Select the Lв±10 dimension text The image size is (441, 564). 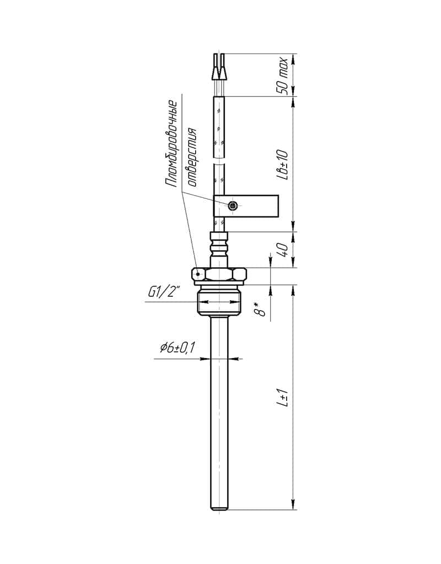[283, 165]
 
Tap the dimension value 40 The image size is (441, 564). [283, 250]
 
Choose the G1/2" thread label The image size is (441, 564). [164, 292]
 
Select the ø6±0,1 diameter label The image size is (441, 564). [177, 348]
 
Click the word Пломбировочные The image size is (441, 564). [171, 144]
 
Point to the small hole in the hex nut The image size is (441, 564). [198, 274]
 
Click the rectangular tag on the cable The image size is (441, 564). [246, 206]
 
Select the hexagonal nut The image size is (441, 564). [219, 276]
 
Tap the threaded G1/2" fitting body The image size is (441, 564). [219, 301]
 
